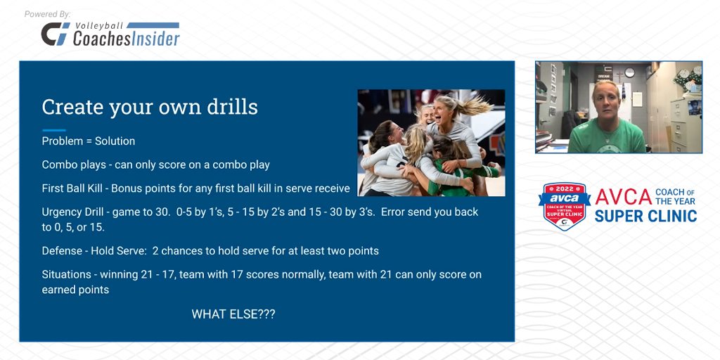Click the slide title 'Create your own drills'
click(150, 107)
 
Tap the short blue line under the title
click(54, 130)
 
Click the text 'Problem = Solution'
click(89, 141)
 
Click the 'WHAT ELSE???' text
click(233, 314)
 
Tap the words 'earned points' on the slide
click(75, 290)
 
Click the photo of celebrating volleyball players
click(431, 143)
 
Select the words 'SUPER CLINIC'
click(645, 216)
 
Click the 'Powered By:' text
click(47, 14)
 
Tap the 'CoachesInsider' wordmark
click(127, 39)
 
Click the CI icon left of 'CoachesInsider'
click(55, 34)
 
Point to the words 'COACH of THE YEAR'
click(675, 196)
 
